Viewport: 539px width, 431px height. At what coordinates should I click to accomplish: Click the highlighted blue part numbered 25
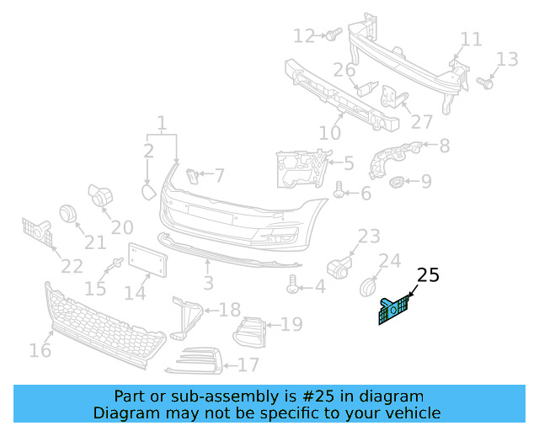coord(393,309)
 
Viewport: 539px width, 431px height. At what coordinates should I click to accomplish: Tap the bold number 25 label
coord(428,275)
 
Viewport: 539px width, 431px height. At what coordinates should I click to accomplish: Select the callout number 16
coord(40,349)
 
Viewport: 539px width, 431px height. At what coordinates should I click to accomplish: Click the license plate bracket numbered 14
coord(147,261)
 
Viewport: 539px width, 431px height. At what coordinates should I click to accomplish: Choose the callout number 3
coord(208,283)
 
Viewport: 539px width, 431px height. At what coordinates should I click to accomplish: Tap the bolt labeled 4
coord(293,286)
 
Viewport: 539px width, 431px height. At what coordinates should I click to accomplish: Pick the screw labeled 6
coord(339,192)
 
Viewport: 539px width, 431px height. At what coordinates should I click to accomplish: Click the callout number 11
coord(471,39)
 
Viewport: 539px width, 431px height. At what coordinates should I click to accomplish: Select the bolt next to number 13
coord(484,82)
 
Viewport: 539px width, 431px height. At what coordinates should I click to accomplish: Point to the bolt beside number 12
coord(331,35)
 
